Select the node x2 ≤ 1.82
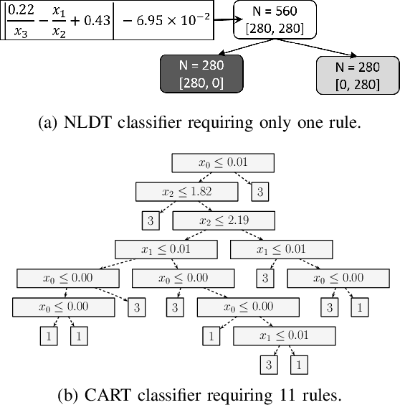pyautogui.click(x=186, y=192)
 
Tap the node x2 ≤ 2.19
pyautogui.click(x=223, y=220)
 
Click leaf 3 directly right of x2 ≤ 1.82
pyautogui.click(x=261, y=192)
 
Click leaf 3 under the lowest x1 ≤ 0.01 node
pyautogui.click(x=269, y=364)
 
